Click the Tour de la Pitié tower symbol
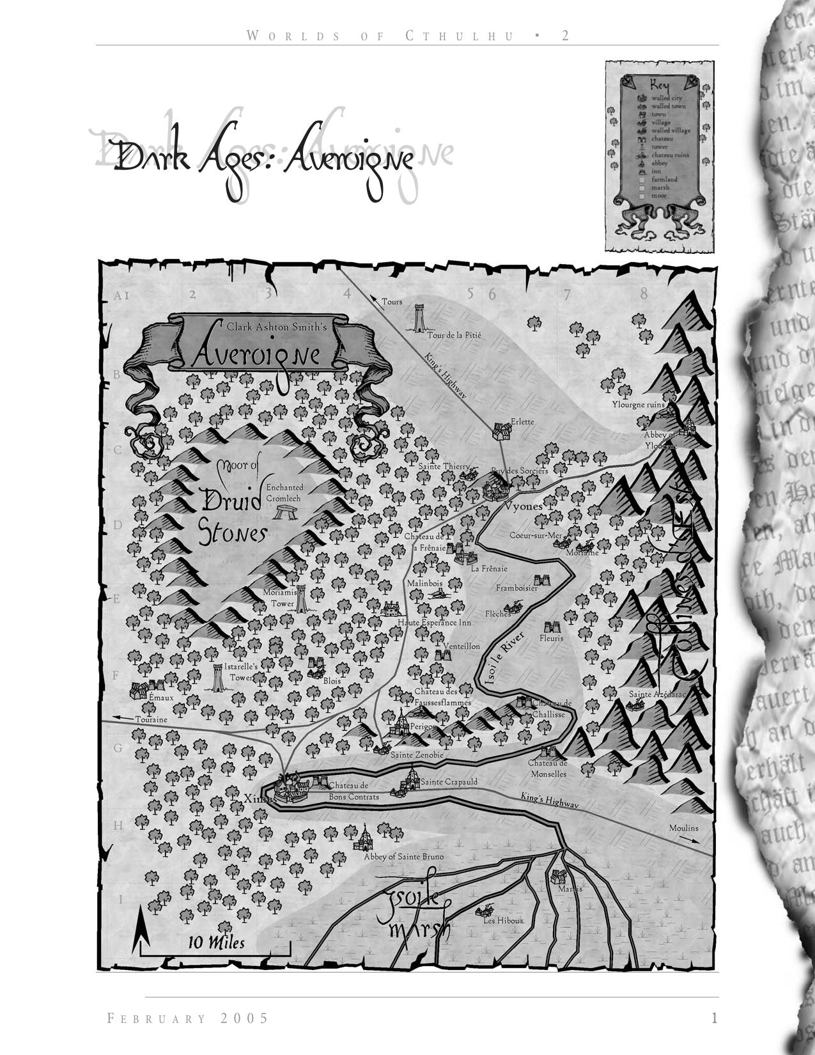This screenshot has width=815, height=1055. pos(419,318)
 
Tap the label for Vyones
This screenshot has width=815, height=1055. pos(523,506)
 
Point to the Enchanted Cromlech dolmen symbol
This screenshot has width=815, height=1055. pos(283,511)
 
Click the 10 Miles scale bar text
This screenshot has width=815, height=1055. pos(216,942)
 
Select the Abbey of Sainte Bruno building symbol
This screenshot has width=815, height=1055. pos(364,837)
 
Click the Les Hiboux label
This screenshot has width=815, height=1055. pos(503,921)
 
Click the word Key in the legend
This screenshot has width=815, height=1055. pos(660,85)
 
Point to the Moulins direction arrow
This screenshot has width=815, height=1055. pos(688,838)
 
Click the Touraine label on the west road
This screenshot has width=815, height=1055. pos(151,719)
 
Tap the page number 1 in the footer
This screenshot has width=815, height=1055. pos(715,1018)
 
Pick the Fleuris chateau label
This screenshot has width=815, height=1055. pos(551,638)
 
